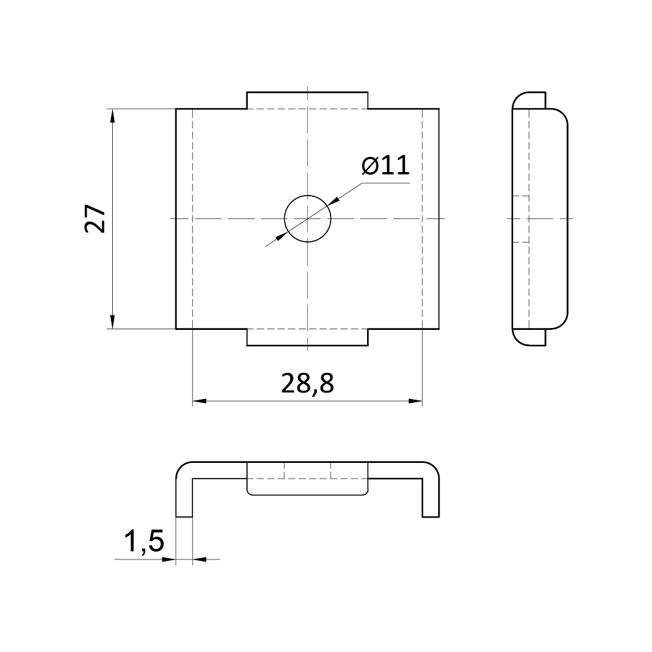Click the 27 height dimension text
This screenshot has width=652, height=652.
(95, 218)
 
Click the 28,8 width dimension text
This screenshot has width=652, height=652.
(307, 383)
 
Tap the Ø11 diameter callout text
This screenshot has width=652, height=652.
(385, 166)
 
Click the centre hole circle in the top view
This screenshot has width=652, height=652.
(308, 196)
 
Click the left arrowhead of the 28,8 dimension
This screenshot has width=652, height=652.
(200, 401)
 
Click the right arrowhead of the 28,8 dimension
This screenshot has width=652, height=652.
(415, 401)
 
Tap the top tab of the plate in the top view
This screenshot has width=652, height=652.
(307, 100)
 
